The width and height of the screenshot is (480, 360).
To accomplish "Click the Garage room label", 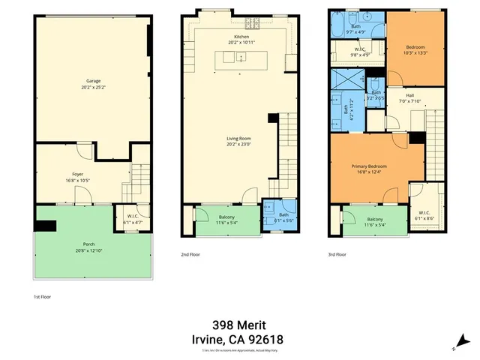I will click(93, 80).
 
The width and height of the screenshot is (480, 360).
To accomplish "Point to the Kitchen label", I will click(241, 37).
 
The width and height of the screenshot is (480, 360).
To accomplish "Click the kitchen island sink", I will click(241, 57).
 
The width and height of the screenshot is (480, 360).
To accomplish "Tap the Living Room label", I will click(241, 138).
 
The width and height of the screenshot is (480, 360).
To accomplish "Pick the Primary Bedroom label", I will click(367, 167).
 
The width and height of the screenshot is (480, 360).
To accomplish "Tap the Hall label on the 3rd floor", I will click(409, 95).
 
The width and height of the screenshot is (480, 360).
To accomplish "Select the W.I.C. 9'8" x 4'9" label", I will click(360, 50).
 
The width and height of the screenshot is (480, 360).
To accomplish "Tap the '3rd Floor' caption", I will click(337, 254).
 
